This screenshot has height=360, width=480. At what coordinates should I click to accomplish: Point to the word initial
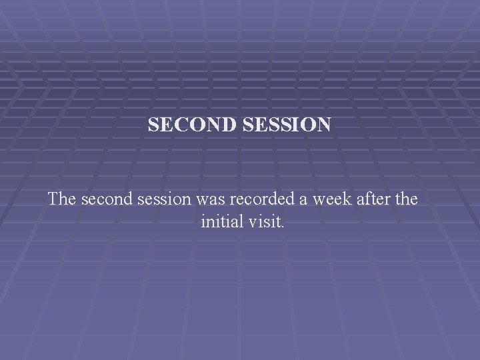pos(221,221)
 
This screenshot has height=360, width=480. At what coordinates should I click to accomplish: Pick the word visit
pos(264,221)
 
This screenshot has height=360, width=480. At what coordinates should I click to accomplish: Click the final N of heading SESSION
pos(322,125)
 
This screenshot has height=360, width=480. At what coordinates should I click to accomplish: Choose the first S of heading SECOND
pos(153,125)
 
